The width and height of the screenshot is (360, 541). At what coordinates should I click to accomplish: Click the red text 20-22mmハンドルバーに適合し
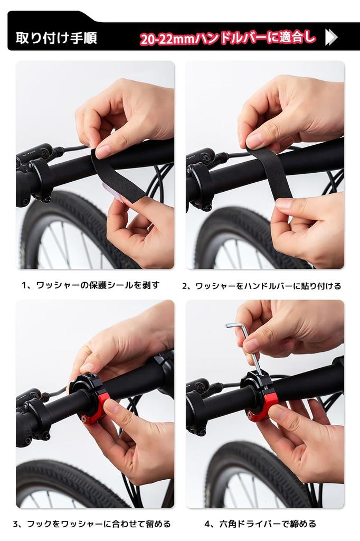tap(228, 38)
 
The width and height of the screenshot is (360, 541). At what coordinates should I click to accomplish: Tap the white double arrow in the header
tap(331, 37)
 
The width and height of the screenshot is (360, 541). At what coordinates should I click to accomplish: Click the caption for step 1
tap(90, 285)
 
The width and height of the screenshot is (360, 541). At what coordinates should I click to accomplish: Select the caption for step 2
tap(262, 286)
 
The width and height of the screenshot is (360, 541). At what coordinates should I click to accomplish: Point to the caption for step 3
tap(92, 524)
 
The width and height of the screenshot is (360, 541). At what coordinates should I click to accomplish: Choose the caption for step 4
tap(260, 524)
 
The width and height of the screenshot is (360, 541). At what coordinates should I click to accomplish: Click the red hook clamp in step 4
tap(267, 406)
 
